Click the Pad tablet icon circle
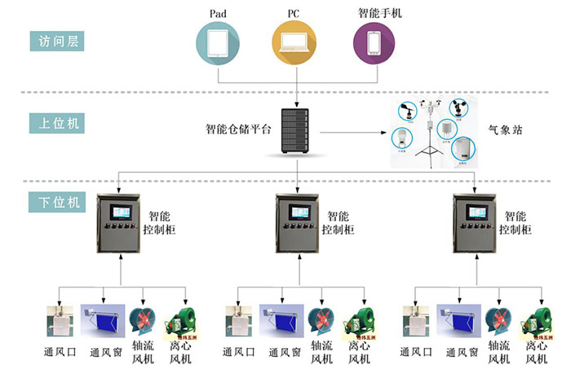pos(218,43)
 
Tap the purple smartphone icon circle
pos(374,43)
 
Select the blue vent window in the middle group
pos(279,320)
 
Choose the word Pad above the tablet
pos(218,12)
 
